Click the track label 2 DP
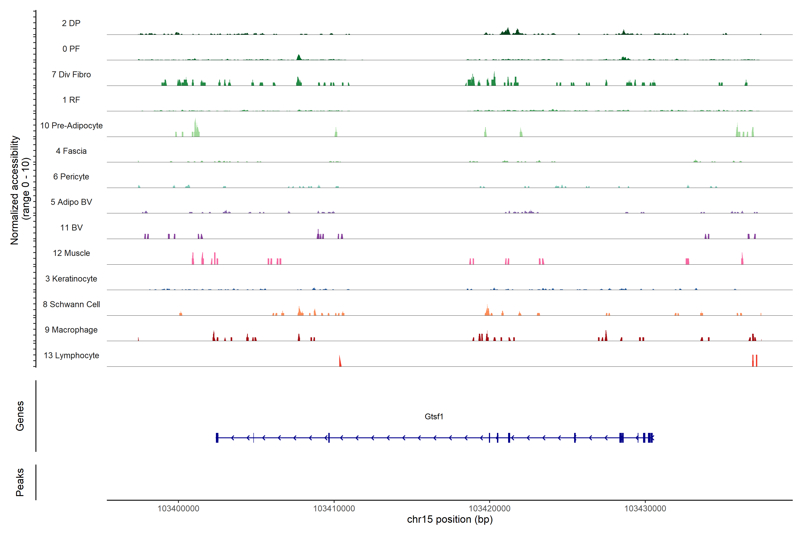tap(71, 23)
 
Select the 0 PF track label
tap(71, 49)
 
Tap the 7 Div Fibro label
tap(71, 74)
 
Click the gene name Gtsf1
tap(434, 417)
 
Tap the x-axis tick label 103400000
tap(178, 509)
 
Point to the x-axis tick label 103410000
tap(334, 509)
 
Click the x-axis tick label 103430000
tap(645, 509)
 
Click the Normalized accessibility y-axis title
tap(20, 190)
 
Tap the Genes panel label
tap(20, 416)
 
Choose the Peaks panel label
tap(20, 482)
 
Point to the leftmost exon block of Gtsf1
tap(217, 438)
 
